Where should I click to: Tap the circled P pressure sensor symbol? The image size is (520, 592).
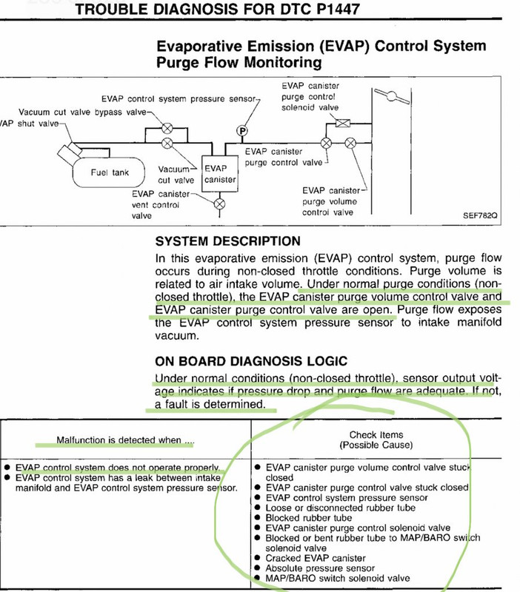[241, 131]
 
